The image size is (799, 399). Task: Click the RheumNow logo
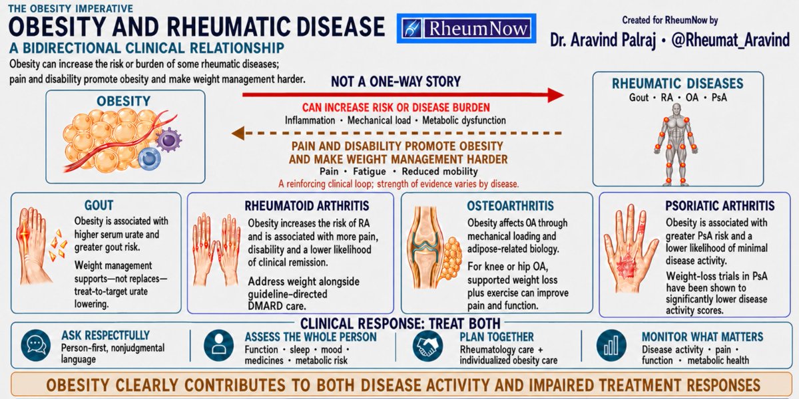click(466, 29)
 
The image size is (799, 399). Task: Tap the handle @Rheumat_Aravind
click(730, 40)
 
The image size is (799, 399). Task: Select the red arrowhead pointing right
click(556, 94)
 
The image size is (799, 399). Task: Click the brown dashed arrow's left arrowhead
click(238, 133)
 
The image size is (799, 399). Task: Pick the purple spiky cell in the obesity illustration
click(168, 139)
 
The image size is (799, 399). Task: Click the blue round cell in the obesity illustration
click(149, 159)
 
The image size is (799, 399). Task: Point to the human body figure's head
click(676, 110)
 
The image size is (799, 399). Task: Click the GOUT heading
click(99, 205)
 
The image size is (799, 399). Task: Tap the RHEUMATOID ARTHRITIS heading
click(307, 206)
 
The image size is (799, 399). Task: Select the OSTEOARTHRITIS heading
click(511, 205)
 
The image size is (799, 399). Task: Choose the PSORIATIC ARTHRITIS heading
click(720, 205)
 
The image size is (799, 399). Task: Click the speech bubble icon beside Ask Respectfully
click(36, 345)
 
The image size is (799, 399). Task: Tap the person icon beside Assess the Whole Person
click(218, 345)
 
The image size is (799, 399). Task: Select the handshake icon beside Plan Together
click(427, 345)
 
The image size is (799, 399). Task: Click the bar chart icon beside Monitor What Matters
click(611, 345)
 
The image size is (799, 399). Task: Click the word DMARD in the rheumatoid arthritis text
click(266, 306)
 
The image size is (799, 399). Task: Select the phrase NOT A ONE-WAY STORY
click(396, 82)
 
